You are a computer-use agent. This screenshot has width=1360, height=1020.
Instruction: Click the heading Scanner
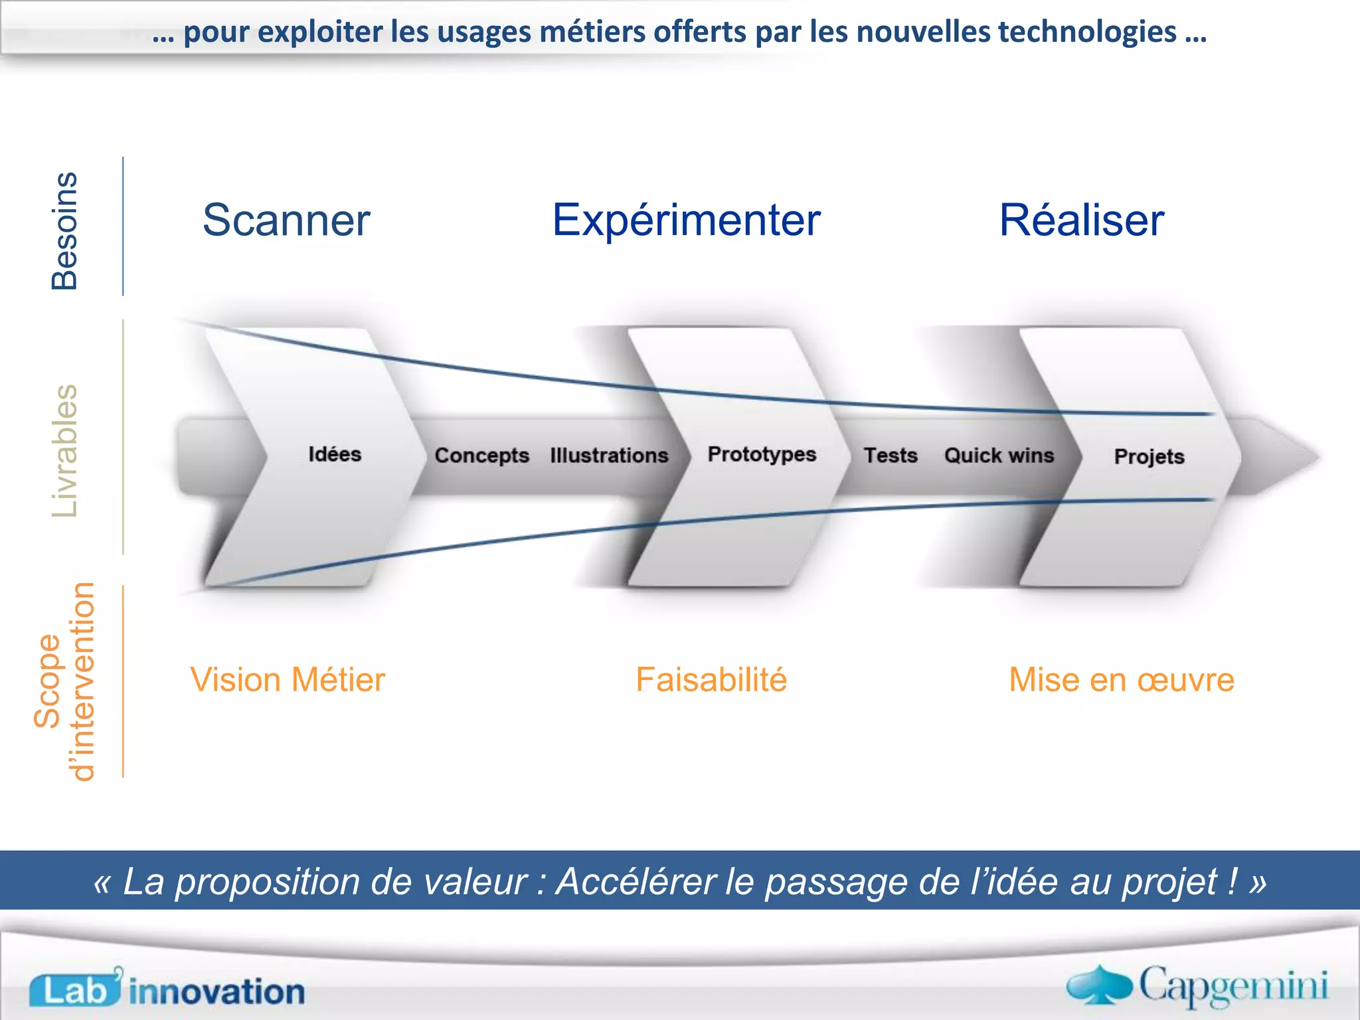[x=286, y=220]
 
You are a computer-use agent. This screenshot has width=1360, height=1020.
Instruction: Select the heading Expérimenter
[x=686, y=220]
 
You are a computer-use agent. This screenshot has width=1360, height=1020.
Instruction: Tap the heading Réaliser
[x=1081, y=220]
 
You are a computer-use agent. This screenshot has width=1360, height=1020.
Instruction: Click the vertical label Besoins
[x=65, y=230]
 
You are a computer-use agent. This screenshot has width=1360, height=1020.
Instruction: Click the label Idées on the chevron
[x=335, y=454]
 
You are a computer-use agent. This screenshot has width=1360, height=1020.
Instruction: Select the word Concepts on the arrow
[x=481, y=456]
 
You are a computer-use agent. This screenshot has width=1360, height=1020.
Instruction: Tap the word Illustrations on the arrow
[x=609, y=456]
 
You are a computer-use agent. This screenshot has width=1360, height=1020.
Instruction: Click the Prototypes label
[x=762, y=454]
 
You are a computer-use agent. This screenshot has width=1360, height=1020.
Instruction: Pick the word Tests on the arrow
[x=891, y=456]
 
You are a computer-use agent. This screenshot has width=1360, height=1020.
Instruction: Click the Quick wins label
[x=999, y=456]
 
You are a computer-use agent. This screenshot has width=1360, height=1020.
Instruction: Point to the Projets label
[x=1149, y=457]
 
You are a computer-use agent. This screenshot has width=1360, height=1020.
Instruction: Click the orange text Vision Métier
[x=288, y=680]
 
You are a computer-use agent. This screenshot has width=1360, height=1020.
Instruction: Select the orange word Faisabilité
[x=711, y=680]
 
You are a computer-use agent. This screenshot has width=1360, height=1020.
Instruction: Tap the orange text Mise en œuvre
[x=1122, y=680]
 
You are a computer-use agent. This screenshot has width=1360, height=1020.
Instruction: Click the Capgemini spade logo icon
[x=1099, y=985]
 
